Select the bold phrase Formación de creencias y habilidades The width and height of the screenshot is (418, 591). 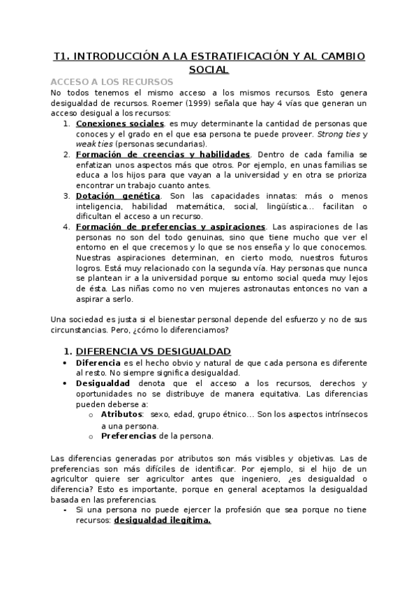(162, 154)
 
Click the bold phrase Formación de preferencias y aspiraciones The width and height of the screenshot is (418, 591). (170, 227)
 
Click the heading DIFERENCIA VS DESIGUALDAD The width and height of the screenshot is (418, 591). (154, 351)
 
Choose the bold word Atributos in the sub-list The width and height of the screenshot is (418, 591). (121, 413)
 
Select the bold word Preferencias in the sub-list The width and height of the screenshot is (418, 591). (130, 436)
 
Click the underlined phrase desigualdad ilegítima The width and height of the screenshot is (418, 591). (163, 520)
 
